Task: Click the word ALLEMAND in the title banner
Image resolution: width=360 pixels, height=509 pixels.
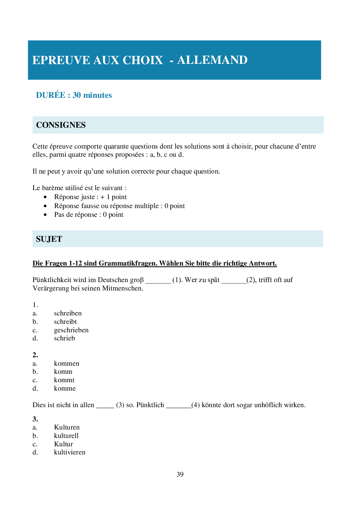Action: (x=212, y=60)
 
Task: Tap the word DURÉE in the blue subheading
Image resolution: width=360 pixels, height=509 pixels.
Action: (x=51, y=95)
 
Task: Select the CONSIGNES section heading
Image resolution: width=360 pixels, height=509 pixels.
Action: (x=61, y=125)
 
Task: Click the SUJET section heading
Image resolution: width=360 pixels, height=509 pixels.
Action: (x=49, y=239)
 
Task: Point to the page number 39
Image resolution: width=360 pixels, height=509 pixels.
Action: (x=180, y=474)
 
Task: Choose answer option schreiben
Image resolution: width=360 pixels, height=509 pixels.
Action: (x=68, y=313)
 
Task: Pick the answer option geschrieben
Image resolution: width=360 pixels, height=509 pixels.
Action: (x=71, y=330)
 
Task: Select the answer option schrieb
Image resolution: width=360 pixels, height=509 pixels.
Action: (x=64, y=338)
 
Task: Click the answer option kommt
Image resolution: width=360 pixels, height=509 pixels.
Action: (x=64, y=380)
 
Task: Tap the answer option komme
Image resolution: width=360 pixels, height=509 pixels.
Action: (x=65, y=389)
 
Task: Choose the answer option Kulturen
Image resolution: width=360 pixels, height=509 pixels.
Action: (x=67, y=427)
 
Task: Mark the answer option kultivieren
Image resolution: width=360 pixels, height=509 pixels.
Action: (x=70, y=452)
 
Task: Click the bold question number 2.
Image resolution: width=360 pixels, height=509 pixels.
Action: (x=35, y=355)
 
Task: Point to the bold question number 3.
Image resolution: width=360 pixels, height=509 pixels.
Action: (x=35, y=419)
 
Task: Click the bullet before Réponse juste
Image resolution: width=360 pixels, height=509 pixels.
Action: (x=45, y=197)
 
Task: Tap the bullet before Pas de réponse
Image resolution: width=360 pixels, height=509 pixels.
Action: (x=45, y=215)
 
